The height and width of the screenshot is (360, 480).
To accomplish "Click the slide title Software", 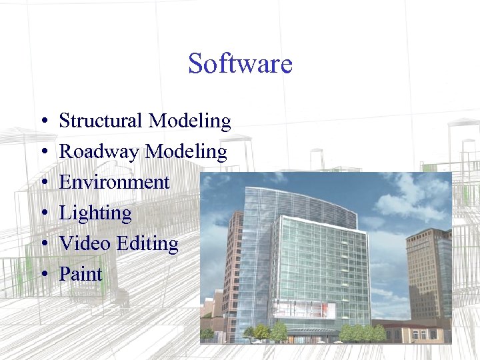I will (x=240, y=63).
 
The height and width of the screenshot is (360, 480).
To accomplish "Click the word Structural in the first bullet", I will (x=101, y=121).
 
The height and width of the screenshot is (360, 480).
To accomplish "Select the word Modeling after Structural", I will (x=189, y=122).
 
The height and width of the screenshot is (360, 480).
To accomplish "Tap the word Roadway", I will (x=100, y=153).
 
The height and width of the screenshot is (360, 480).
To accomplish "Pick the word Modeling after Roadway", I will (x=186, y=153).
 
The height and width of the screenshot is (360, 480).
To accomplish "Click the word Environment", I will (x=114, y=182).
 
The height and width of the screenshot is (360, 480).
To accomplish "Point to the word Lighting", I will (x=95, y=214).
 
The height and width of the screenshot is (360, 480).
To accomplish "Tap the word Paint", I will (x=81, y=274).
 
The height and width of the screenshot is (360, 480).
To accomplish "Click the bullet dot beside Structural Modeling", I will (x=42, y=122).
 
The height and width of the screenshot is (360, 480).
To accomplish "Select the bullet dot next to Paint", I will (x=42, y=275).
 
